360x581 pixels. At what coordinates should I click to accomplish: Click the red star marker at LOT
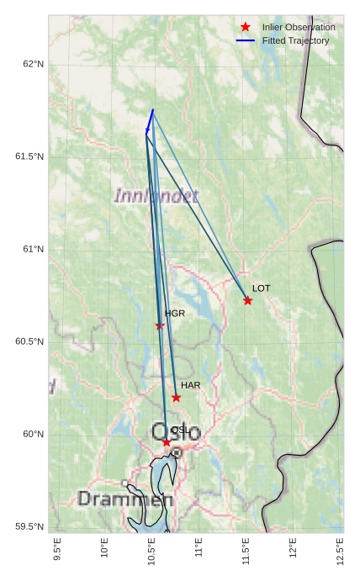pyautogui.click(x=248, y=300)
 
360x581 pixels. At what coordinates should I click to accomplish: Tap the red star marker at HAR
pyautogui.click(x=176, y=398)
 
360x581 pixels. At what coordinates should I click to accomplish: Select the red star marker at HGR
pyautogui.click(x=160, y=325)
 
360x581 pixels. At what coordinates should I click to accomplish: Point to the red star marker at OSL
pyautogui.click(x=167, y=441)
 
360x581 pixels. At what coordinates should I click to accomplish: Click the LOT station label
pyautogui.click(x=262, y=288)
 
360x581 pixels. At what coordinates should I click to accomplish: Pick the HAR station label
pyautogui.click(x=190, y=385)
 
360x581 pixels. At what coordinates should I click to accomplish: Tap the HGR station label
pyautogui.click(x=174, y=314)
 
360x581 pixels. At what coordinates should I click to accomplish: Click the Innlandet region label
pyautogui.click(x=156, y=196)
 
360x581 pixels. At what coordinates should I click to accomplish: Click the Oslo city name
pyautogui.click(x=176, y=433)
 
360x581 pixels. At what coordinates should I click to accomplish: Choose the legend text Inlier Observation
pyautogui.click(x=299, y=28)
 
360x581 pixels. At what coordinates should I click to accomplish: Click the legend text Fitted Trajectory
pyautogui.click(x=296, y=40)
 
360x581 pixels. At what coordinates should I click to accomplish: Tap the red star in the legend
pyautogui.click(x=246, y=27)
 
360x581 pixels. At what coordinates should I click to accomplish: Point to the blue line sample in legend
pyautogui.click(x=246, y=40)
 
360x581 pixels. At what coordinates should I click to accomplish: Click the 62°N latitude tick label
pyautogui.click(x=33, y=65)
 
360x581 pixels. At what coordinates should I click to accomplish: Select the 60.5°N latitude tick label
pyautogui.click(x=29, y=342)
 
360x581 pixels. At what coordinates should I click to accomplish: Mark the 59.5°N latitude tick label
pyautogui.click(x=29, y=527)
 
